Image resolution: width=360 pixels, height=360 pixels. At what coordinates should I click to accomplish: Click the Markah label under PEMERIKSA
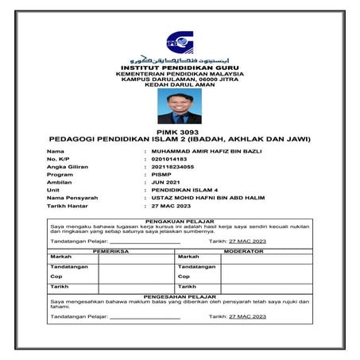click(60, 257)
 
